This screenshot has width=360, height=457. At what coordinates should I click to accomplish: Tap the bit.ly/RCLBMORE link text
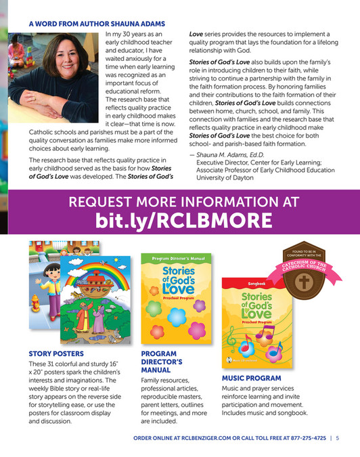tap(180, 220)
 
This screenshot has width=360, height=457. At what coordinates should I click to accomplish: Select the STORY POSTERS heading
tap(56, 353)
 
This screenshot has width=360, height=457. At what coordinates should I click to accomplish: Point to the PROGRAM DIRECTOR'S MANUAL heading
tap(160, 362)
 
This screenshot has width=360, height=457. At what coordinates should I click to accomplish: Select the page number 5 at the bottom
tap(337, 438)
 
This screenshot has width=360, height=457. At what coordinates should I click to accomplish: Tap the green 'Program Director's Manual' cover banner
tap(175, 259)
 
